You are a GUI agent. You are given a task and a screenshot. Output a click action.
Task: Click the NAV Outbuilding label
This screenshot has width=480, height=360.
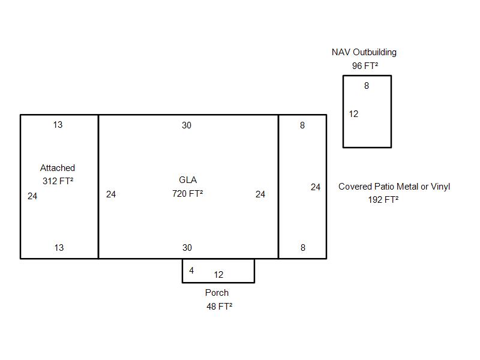coord(364,52)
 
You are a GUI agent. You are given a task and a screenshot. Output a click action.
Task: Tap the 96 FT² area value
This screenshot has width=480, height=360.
coord(365,66)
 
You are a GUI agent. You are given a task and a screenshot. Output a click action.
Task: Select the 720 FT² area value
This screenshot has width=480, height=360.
coord(187,193)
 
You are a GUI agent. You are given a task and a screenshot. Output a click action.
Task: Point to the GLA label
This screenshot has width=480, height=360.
coord(188,180)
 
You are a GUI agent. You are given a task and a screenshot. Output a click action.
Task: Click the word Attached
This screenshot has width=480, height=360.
coord(58,168)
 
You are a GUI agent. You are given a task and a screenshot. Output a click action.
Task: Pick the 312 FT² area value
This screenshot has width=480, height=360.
coord(58,181)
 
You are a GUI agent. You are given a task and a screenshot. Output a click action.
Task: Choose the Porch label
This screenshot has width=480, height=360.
coord(217,293)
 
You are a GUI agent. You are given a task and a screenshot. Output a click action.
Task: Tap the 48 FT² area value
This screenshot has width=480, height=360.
coord(219,306)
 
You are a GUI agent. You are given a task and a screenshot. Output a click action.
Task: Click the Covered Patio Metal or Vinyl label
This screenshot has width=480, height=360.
coord(394,187)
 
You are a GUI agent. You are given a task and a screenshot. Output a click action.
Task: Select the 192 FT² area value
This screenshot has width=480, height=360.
coord(383,200)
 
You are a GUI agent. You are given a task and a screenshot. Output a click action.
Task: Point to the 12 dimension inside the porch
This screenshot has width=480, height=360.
coord(218,275)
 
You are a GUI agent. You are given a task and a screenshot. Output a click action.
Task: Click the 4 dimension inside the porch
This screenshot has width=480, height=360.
coord(191,271)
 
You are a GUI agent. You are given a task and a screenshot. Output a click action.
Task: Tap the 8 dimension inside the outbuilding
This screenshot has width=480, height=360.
coord(367,86)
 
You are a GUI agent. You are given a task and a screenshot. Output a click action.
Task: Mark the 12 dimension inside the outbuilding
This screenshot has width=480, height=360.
coord(353,114)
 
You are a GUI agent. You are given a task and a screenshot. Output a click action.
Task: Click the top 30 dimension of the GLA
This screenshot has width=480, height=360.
coord(187,125)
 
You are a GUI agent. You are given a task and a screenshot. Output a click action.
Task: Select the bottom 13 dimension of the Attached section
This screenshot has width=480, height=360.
coord(59,248)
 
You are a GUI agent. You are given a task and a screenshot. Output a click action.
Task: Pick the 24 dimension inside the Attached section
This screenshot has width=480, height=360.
coord(32,196)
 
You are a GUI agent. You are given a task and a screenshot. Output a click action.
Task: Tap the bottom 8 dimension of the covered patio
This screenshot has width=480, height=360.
coord(302,248)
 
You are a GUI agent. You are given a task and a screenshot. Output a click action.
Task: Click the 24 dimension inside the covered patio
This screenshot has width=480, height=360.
coord(316,187)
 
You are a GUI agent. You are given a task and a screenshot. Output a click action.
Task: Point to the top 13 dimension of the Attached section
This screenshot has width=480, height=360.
coord(58,125)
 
